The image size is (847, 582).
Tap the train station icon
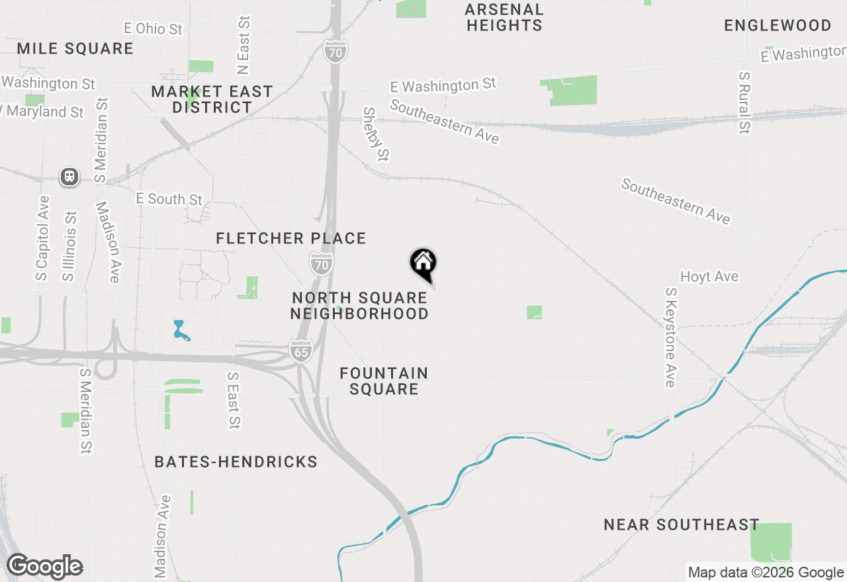[x=69, y=177]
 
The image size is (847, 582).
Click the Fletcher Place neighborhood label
[x=291, y=238]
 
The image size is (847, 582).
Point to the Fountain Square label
[x=384, y=381]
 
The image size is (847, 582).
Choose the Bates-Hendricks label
[x=236, y=462]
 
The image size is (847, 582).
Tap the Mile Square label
[x=75, y=48]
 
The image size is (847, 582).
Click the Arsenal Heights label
[x=504, y=18]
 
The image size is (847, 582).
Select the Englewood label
[x=778, y=26]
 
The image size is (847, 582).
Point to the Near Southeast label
[x=682, y=525]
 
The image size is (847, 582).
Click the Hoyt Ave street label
[x=709, y=276]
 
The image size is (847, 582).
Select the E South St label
[x=169, y=198]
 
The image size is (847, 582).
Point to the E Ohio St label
[x=153, y=28]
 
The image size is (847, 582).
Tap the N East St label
[x=244, y=46]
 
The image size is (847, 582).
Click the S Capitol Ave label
[x=42, y=238]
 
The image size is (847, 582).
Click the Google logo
[x=45, y=566]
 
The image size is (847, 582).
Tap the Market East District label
[x=212, y=99]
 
